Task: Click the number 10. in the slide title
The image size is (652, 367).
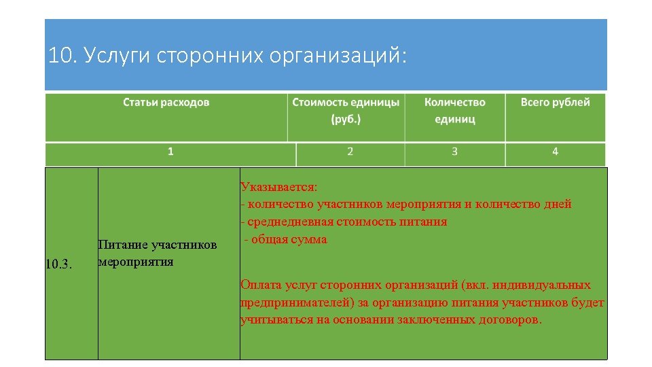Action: point(62,56)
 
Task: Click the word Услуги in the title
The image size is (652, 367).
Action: point(116,56)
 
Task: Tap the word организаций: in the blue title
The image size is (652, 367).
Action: point(339,56)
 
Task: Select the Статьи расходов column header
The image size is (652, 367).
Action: point(166,103)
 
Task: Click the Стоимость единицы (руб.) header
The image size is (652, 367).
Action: point(346,110)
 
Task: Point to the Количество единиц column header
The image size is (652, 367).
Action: point(454,110)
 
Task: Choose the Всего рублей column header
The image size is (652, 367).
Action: point(555,103)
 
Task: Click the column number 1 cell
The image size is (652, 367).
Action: point(170,152)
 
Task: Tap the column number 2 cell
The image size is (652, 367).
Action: point(350,152)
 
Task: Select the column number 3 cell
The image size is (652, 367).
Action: point(454,152)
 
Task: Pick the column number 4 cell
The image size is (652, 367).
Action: point(555,152)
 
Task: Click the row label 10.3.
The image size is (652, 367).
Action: point(58,263)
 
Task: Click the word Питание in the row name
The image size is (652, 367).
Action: point(123,245)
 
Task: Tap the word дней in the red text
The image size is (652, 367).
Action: point(558,204)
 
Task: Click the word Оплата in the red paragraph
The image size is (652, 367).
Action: point(259,285)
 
